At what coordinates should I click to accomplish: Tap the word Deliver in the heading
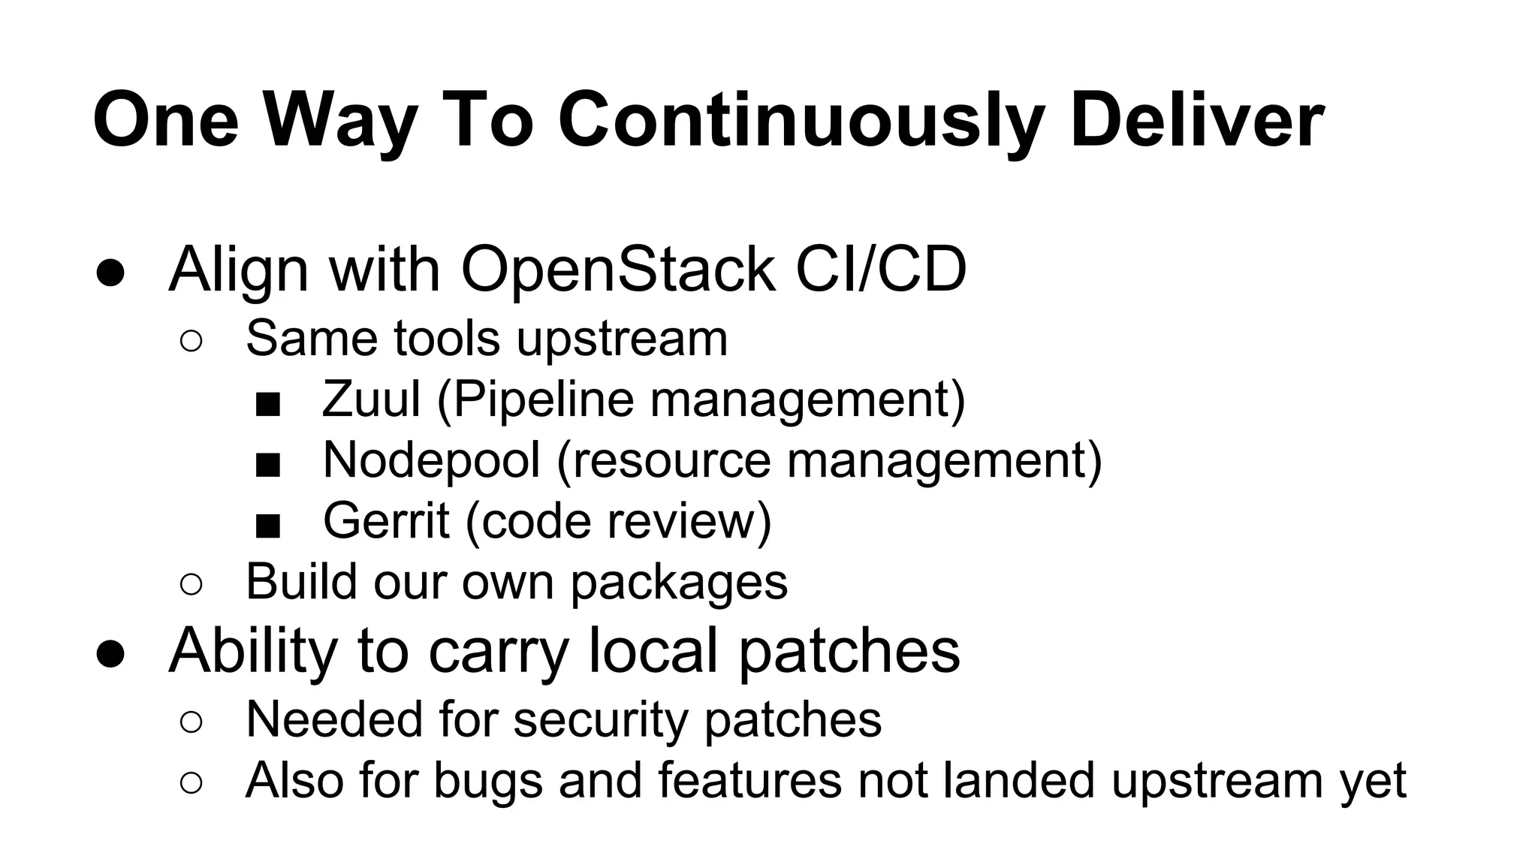[x=1196, y=120]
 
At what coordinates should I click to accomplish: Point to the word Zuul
[x=371, y=399]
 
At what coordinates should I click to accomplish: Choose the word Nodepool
[x=431, y=460]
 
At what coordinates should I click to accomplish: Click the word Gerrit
[x=386, y=520]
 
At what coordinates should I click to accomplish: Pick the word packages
[x=679, y=583]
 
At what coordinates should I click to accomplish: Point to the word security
[x=600, y=719]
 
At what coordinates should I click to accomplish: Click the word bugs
[x=487, y=780]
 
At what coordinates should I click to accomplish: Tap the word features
[x=749, y=780]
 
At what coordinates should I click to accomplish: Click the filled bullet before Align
[x=110, y=273]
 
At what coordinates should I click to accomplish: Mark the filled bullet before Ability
[x=110, y=653]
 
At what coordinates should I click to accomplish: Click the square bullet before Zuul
[x=267, y=405]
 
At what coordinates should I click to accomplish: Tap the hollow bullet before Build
[x=191, y=585]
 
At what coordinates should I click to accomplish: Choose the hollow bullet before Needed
[x=191, y=722]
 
